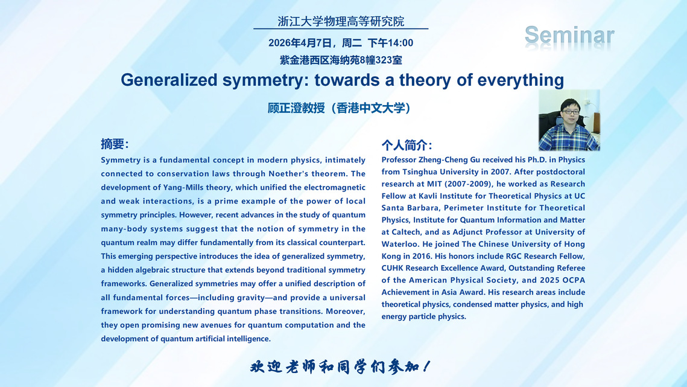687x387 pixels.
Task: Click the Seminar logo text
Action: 569,36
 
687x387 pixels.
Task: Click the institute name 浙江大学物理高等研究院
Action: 341,21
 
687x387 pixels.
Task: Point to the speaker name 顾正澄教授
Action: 296,108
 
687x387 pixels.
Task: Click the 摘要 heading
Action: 115,144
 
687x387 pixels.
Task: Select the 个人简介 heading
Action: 407,145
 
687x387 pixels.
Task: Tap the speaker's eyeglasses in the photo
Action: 570,112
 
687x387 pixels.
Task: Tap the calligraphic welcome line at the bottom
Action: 340,366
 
